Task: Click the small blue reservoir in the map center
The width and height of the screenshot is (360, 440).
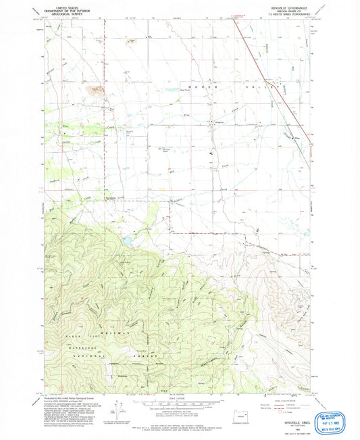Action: pyautogui.click(x=127, y=240)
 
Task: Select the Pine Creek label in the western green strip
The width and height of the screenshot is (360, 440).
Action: pyautogui.click(x=66, y=126)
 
